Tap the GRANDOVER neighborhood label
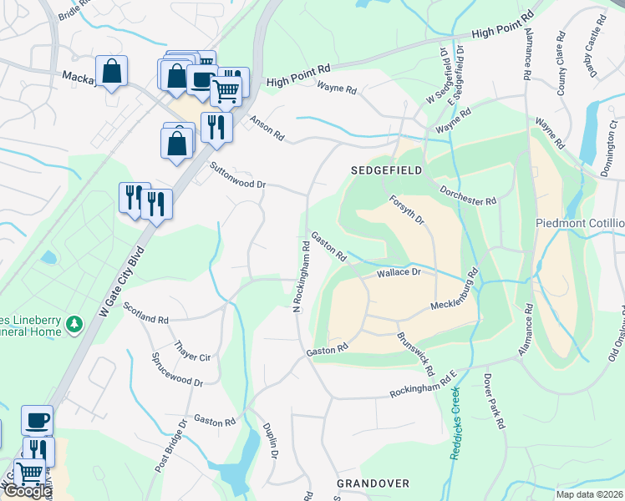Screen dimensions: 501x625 373,483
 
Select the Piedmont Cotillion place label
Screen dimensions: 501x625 580,224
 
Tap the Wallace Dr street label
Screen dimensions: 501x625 397,273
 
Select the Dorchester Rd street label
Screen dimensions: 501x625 468,196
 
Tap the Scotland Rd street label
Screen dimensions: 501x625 145,313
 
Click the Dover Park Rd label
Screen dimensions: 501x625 495,400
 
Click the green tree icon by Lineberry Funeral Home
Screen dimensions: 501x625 74,323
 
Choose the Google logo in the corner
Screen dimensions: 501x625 27,491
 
